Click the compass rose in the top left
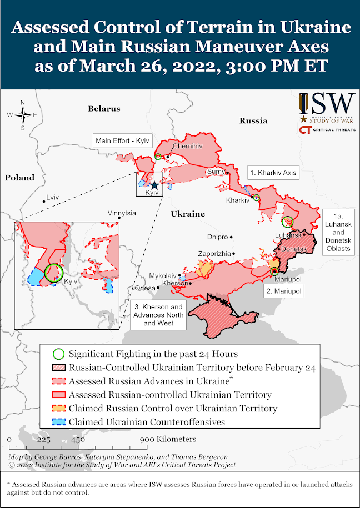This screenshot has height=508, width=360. (22, 115)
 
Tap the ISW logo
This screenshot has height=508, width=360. (327, 105)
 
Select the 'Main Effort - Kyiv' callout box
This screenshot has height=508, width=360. (122, 140)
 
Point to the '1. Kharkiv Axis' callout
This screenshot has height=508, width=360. (273, 173)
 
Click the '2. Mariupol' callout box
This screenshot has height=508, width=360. (283, 291)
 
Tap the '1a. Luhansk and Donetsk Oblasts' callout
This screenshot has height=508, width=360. (338, 233)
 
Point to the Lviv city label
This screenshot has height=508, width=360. (52, 197)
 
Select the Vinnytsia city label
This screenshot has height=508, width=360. (122, 213)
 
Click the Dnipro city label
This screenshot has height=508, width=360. (217, 237)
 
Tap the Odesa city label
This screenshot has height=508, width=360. (146, 288)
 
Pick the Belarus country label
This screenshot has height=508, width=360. (104, 109)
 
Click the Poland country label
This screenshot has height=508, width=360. (20, 178)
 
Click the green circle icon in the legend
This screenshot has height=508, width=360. (58, 354)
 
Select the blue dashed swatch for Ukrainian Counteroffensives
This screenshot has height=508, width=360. (58, 422)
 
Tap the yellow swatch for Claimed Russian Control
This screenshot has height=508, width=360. (58, 408)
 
